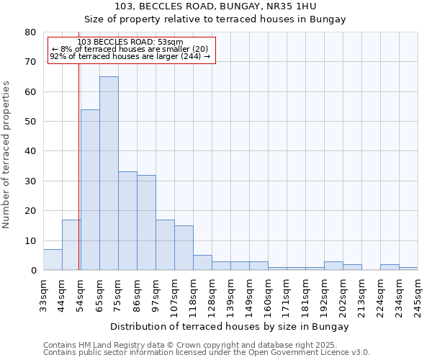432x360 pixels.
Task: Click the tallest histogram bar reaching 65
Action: pyautogui.click(x=109, y=173)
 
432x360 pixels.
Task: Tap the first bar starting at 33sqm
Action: pyautogui.click(x=53, y=260)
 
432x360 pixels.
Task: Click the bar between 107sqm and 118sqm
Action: pyautogui.click(x=184, y=248)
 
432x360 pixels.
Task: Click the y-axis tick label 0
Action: pyautogui.click(x=32, y=271)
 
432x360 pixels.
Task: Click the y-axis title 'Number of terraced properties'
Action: pyautogui.click(x=6, y=154)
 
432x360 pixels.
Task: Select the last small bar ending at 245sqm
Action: pyautogui.click(x=408, y=269)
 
